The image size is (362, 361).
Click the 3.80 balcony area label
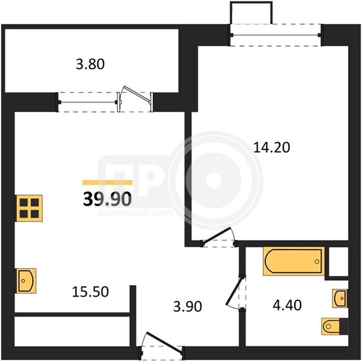click(90, 64)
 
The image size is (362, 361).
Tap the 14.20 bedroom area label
click(272, 148)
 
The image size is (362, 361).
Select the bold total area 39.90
click(107, 199)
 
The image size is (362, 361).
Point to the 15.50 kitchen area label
click(90, 292)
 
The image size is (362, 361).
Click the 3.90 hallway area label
click(188, 306)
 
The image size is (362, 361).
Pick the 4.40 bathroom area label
click(287, 305)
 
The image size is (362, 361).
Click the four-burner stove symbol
click(29, 208)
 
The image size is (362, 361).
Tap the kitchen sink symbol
click(26, 281)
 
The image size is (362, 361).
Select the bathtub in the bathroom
click(293, 261)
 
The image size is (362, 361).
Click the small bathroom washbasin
click(339, 298)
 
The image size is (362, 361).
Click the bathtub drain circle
click(317, 261)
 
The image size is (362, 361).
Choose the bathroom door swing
click(235, 292)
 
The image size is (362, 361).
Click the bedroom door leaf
click(216, 235)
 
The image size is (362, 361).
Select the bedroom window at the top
click(275, 35)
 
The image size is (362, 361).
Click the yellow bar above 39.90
click(107, 183)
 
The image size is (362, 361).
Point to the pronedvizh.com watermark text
click(135, 213)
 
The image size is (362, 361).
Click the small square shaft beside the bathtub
click(338, 261)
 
